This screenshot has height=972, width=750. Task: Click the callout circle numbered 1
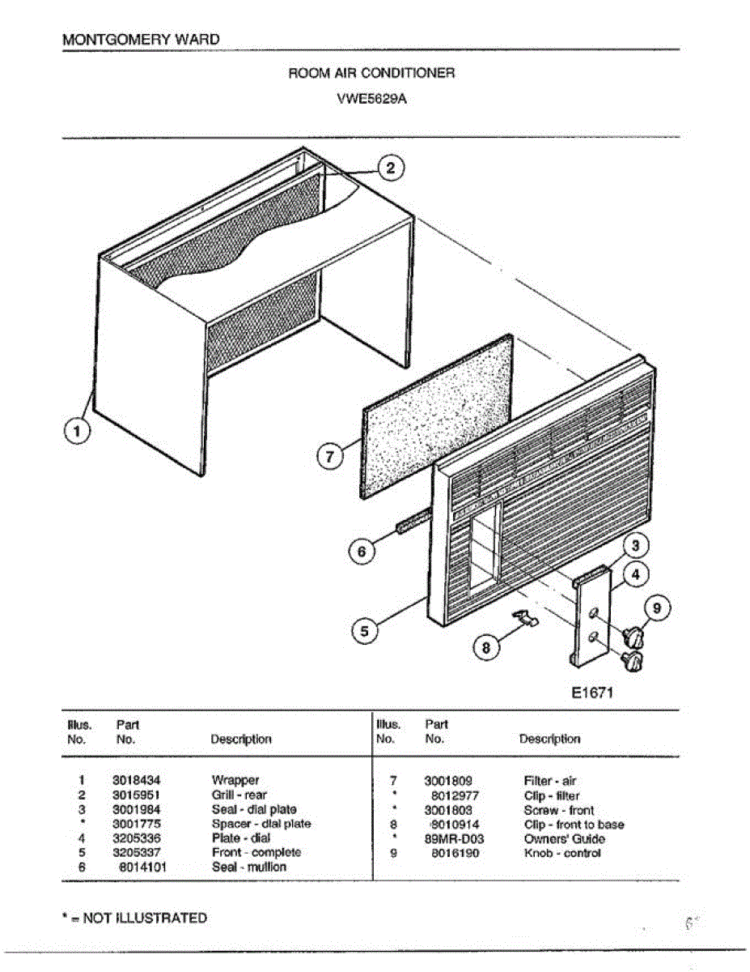click(77, 433)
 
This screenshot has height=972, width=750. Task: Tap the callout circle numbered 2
click(391, 168)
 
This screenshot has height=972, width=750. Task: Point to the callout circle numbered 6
click(362, 552)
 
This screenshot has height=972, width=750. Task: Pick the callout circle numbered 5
click(365, 631)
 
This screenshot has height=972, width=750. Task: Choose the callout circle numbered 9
click(656, 607)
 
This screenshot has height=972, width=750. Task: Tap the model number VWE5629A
click(371, 101)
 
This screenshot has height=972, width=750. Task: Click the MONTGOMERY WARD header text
click(140, 39)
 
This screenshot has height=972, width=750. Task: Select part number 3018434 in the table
click(136, 781)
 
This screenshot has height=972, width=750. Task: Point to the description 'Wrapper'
click(235, 781)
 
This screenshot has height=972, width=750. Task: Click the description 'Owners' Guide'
click(564, 839)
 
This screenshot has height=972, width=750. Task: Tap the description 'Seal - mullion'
click(249, 867)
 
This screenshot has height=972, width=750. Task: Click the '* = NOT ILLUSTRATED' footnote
click(134, 918)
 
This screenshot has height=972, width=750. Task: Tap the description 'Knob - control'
click(562, 853)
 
